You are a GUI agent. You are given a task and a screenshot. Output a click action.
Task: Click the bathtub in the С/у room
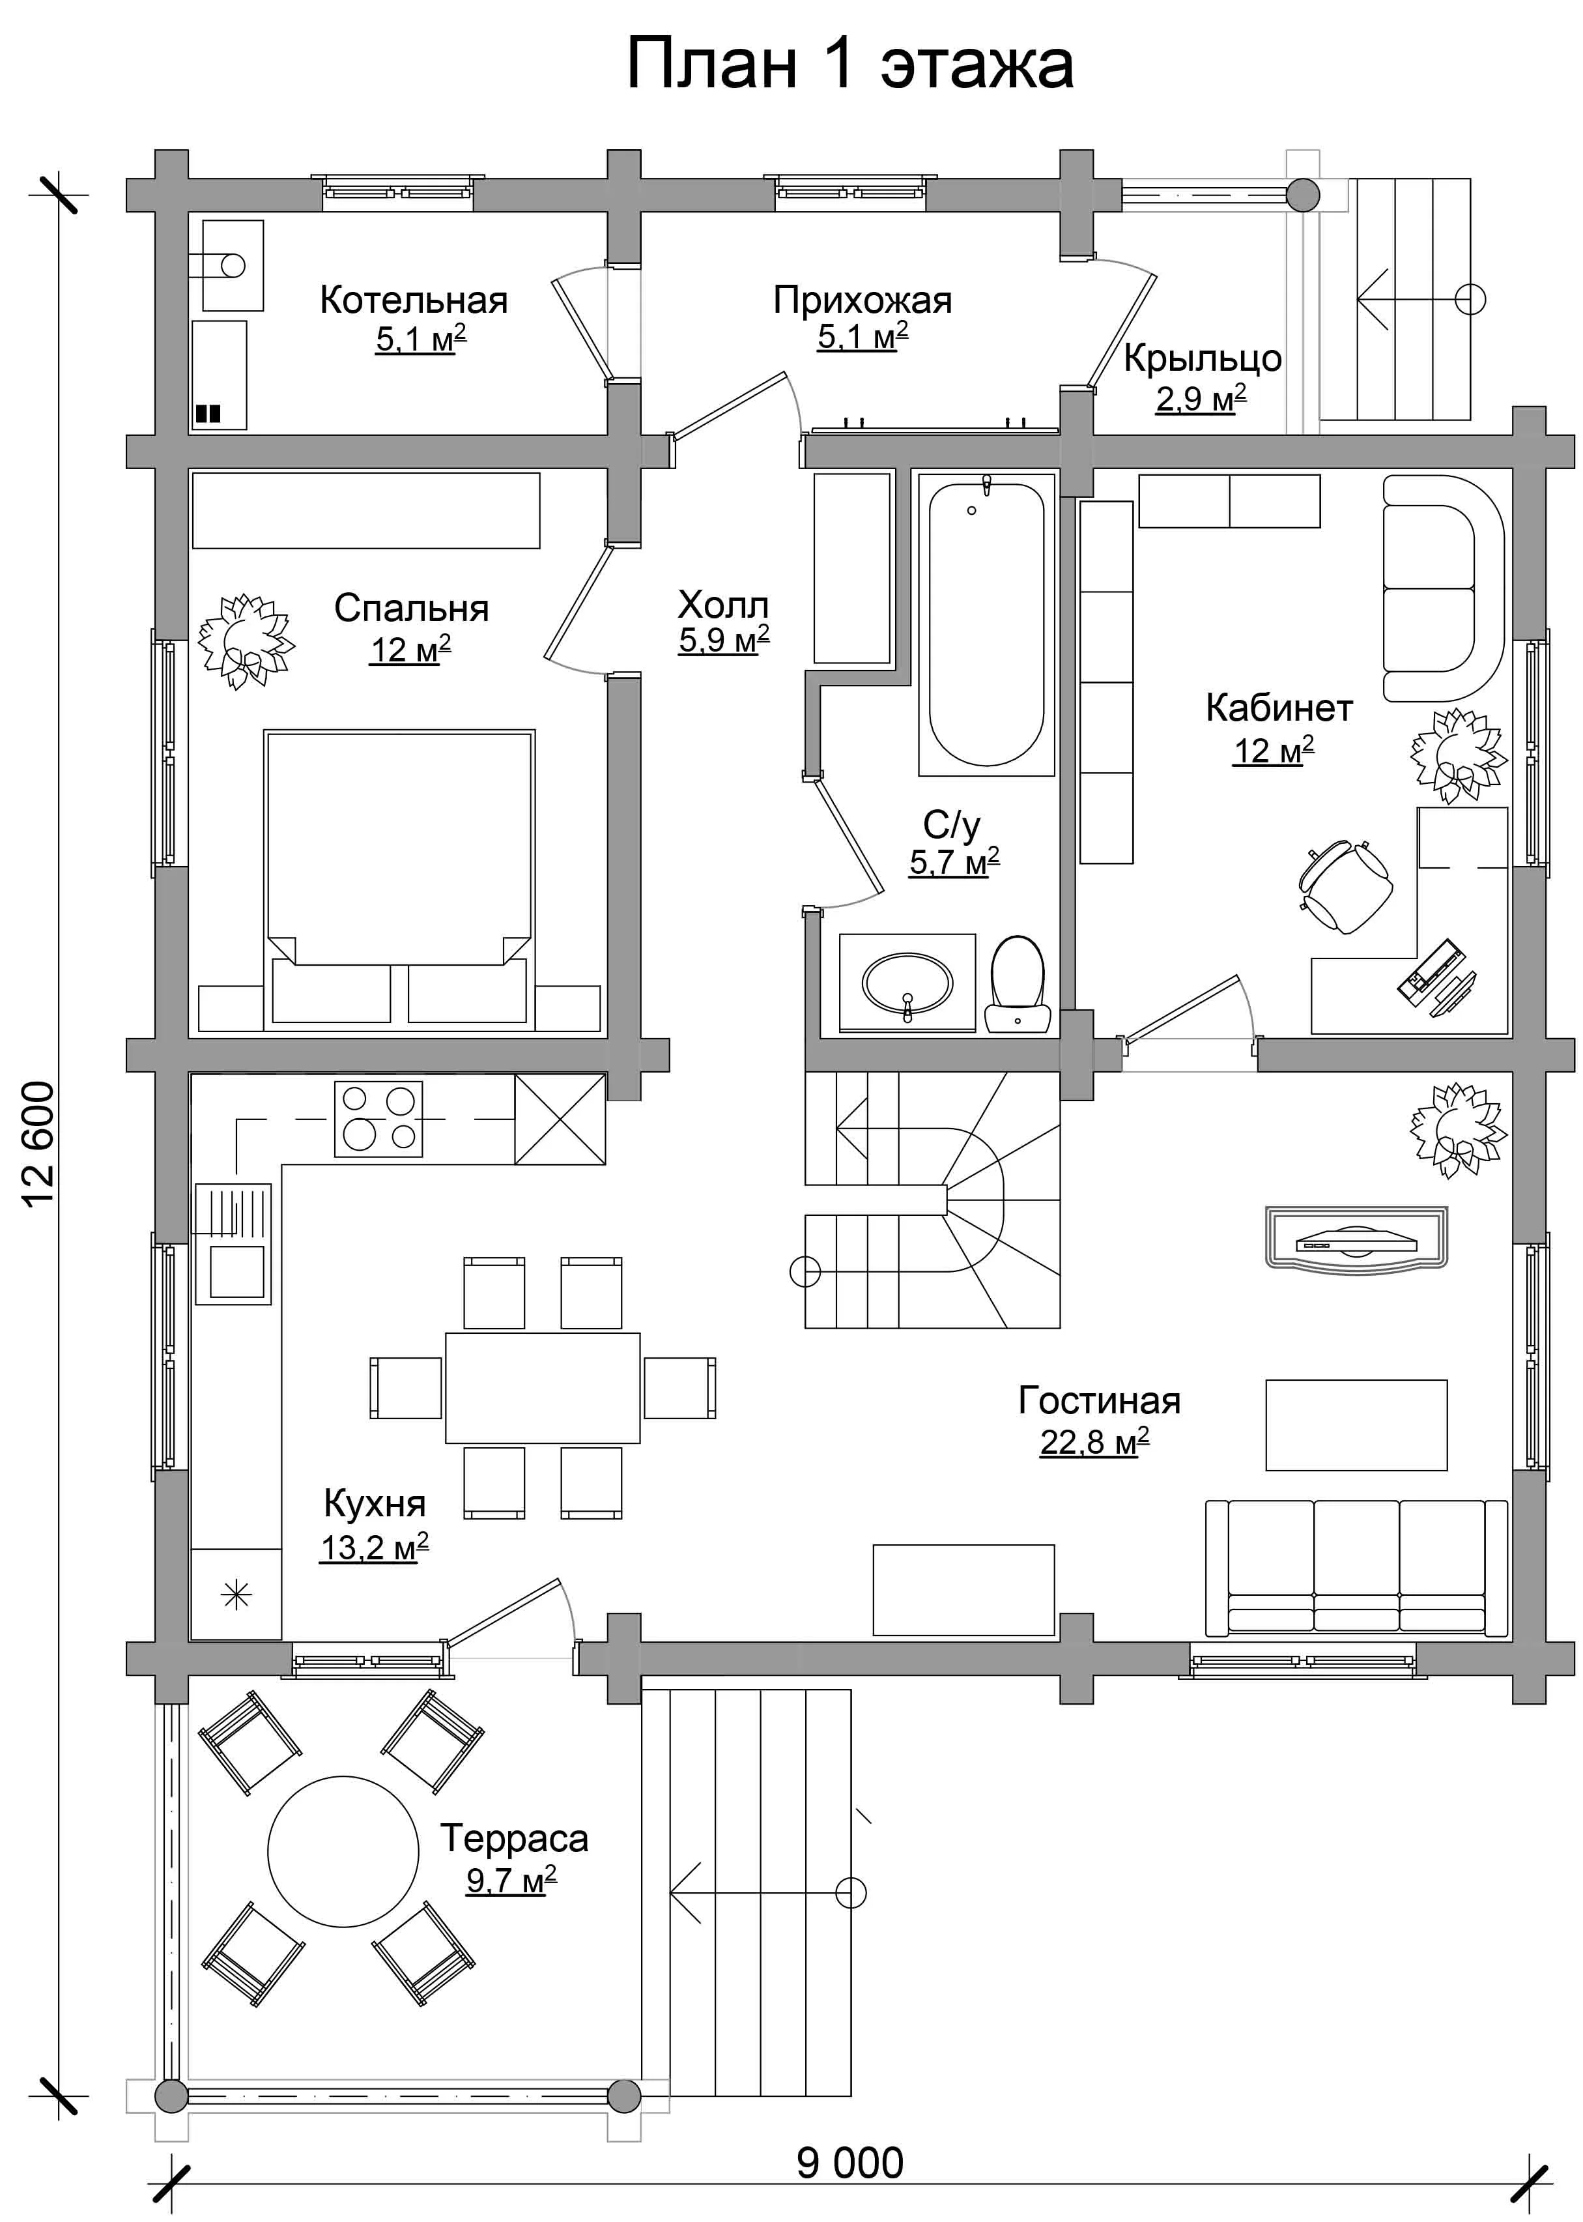pos(986,624)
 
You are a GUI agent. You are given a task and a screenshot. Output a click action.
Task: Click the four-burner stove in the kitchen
pos(378,1119)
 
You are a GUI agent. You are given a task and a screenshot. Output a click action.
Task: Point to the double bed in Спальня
pos(399,878)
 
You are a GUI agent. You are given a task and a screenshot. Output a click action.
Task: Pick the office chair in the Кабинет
pos(1345,884)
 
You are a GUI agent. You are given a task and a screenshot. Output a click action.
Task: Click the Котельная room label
pos(414,300)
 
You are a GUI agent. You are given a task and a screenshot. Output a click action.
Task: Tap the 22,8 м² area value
pos(1094,1441)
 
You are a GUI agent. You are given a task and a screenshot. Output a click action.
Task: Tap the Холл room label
pos(723,605)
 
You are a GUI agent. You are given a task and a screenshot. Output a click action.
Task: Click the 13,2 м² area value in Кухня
pos(375,1548)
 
